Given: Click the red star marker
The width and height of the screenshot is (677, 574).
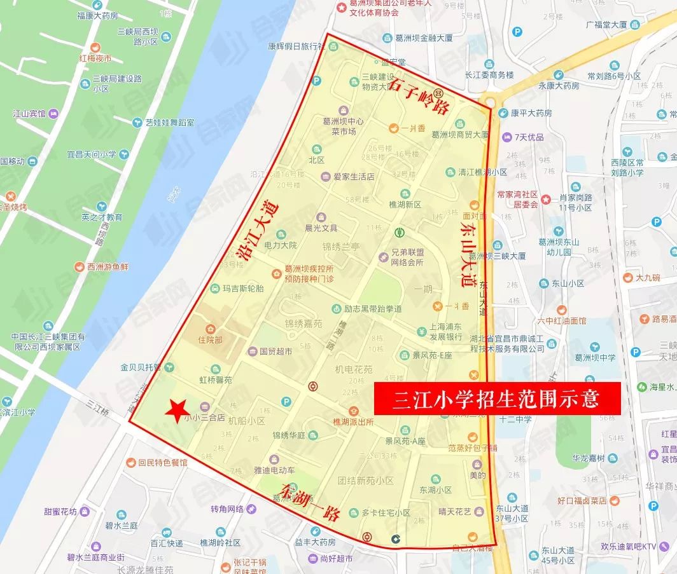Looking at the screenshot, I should click(x=175, y=411).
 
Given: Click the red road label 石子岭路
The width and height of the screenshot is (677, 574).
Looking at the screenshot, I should click(x=418, y=97).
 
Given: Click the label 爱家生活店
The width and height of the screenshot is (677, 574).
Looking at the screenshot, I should click(x=354, y=177).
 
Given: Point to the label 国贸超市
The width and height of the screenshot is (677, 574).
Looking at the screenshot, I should click(x=276, y=350).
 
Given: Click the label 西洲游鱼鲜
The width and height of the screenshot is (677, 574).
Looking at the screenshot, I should click(x=106, y=266).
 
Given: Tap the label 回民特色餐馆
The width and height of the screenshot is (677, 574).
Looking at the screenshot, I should click(x=163, y=463).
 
